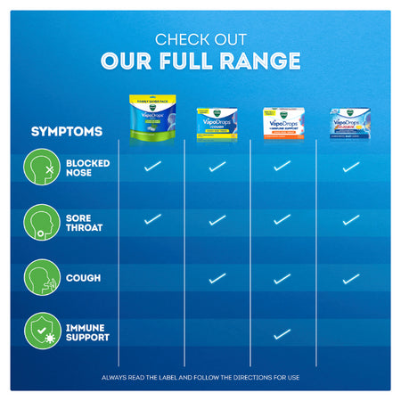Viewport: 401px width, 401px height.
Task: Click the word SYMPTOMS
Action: tap(67, 132)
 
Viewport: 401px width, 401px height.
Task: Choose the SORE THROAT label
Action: tap(84, 223)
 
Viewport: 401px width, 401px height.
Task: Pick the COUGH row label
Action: tap(83, 277)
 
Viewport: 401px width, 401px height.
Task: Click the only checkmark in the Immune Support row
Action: tap(282, 334)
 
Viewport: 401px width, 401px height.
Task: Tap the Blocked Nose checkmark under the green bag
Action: tap(152, 166)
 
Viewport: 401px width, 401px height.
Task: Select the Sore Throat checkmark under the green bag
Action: tap(152, 218)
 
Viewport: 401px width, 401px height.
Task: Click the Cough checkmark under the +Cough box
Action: tap(217, 279)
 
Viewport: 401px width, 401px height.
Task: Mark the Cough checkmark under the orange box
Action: tap(282, 279)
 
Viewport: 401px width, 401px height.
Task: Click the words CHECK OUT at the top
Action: tap(200, 39)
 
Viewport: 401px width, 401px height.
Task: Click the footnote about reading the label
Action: tap(200, 377)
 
